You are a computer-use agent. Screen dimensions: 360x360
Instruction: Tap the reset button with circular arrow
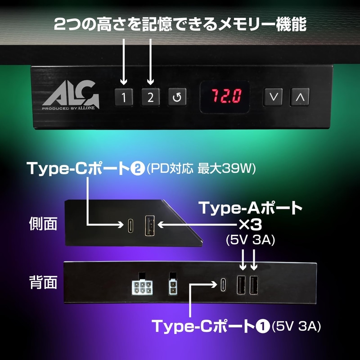177,97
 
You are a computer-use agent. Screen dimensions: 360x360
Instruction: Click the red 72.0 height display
226,96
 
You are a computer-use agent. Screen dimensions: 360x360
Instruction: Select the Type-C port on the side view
130,225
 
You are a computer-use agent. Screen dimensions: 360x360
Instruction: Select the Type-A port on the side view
149,225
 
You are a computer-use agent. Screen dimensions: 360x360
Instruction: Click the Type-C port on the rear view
223,285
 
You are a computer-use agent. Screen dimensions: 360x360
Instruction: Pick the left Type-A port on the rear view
241,285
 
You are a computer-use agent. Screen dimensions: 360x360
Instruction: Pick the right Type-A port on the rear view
254,285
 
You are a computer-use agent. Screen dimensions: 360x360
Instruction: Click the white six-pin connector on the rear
142,288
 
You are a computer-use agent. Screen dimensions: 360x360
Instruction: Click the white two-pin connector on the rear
173,287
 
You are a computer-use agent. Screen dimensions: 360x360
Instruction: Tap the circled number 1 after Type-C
263,326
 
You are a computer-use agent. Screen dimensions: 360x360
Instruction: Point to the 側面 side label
43,224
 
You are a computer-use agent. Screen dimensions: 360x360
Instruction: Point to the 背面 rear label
43,283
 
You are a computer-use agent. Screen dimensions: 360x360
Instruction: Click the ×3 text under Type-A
250,225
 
